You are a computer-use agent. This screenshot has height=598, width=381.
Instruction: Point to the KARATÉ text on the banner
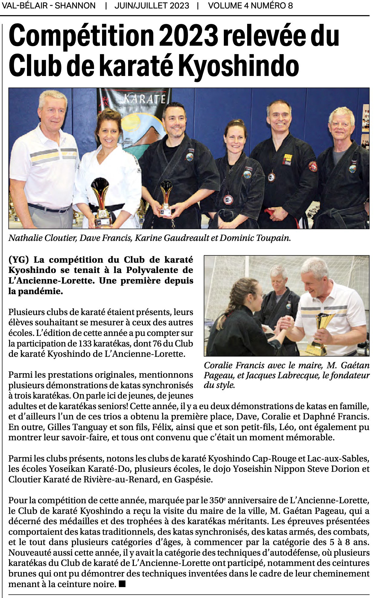(x=145, y=99)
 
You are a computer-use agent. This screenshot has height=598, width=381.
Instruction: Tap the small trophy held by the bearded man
(x=166, y=197)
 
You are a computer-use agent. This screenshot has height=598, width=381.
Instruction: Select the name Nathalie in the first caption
(x=25, y=238)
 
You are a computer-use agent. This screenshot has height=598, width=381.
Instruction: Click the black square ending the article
(x=122, y=584)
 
